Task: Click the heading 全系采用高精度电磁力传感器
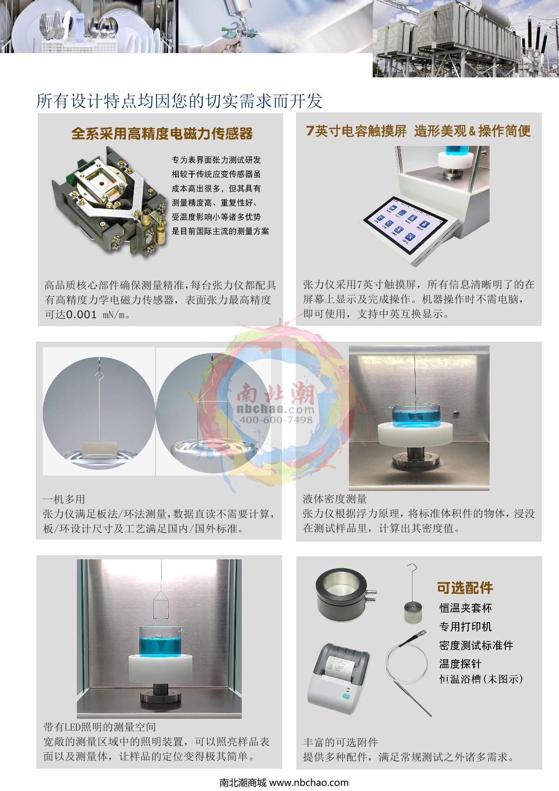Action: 162,133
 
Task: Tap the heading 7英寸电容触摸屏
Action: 356,131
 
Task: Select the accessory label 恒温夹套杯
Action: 465,608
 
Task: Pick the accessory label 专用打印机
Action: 465,626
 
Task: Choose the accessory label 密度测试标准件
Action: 476,645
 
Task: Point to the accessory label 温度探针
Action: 460,664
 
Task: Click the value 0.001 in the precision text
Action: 82,314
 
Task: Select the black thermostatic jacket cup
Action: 344,594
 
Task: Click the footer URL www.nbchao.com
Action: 309,782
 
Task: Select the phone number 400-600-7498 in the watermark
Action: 276,420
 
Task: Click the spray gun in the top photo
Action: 235,27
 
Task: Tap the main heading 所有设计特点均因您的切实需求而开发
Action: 180,101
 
